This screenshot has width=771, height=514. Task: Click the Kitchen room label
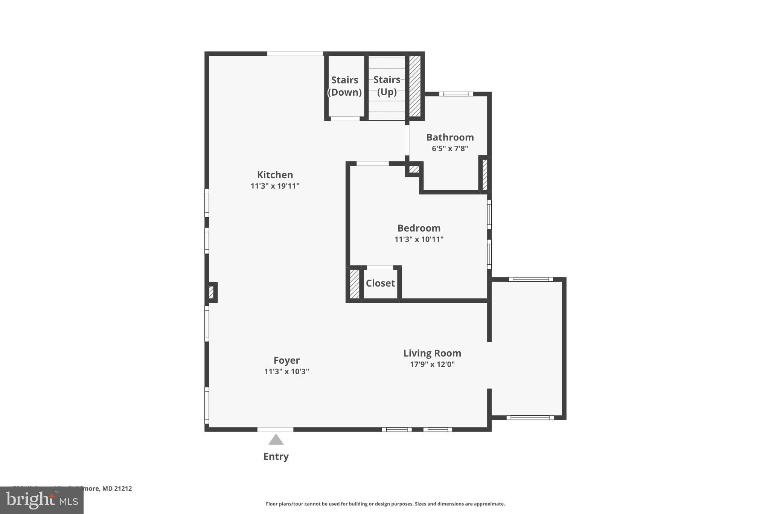(275, 175)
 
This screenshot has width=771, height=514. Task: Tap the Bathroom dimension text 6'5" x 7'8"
(450, 148)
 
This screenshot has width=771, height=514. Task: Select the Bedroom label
(419, 228)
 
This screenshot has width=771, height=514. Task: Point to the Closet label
(380, 283)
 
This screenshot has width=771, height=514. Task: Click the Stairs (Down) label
(344, 86)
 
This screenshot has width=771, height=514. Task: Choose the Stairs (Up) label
(387, 85)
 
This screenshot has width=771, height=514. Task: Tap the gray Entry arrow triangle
(276, 440)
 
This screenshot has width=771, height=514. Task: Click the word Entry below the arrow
(276, 456)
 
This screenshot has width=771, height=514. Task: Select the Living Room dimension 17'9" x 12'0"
(432, 364)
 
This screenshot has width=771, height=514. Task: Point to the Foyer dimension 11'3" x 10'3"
(286, 371)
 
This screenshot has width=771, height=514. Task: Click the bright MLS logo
(41, 500)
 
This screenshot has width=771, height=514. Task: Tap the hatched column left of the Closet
(354, 284)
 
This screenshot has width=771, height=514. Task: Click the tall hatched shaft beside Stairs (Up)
(415, 86)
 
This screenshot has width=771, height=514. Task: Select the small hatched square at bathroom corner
(414, 169)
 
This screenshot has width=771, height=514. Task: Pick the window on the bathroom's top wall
(456, 94)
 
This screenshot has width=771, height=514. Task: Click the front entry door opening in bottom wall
(275, 429)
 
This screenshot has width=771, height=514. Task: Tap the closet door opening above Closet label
(379, 267)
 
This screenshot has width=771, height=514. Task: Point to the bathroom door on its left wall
(407, 140)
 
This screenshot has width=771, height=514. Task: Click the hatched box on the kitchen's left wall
(211, 292)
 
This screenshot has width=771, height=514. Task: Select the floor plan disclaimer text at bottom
(385, 504)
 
